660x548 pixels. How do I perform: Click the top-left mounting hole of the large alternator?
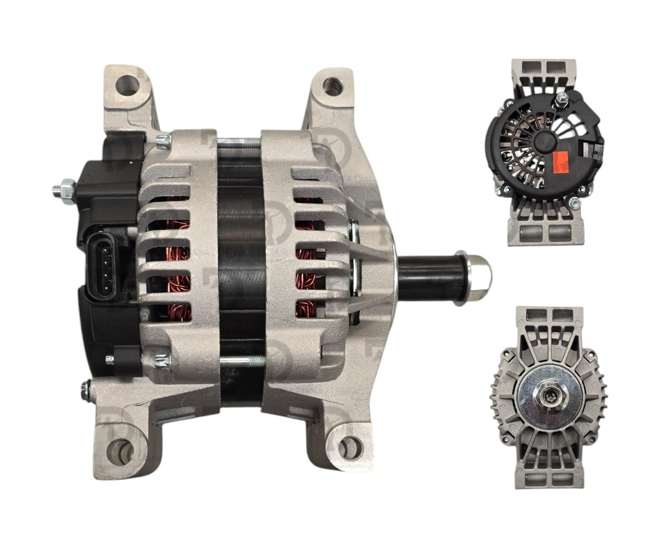coord(127,85)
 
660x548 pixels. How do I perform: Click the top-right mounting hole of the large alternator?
coord(332,85)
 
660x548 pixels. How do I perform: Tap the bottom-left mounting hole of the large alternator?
coord(120,451)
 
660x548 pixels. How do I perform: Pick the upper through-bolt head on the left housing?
coord(162,142)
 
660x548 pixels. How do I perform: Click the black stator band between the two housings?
coord(240,270)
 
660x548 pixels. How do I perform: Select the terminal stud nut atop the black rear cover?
coord(561,99)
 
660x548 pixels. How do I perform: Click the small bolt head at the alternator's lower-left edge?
coord(86,388)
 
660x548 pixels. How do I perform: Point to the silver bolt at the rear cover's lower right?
coord(574,203)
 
